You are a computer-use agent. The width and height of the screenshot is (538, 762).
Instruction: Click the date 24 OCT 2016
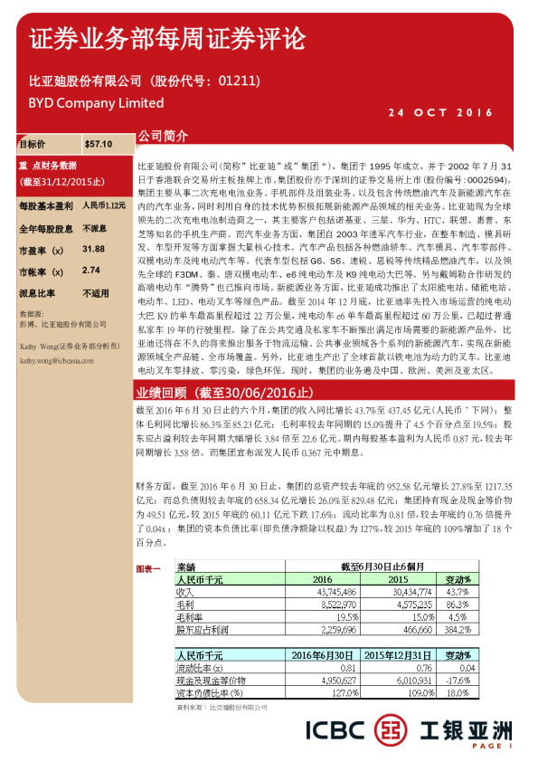[x=440, y=112]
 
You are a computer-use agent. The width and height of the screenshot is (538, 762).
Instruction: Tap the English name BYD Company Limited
[x=84, y=103]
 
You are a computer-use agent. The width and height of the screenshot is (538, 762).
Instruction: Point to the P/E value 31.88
[x=93, y=248]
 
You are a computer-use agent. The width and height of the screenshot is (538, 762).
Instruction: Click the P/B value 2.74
[x=90, y=270]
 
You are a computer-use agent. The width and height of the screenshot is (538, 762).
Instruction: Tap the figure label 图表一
[x=147, y=568]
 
